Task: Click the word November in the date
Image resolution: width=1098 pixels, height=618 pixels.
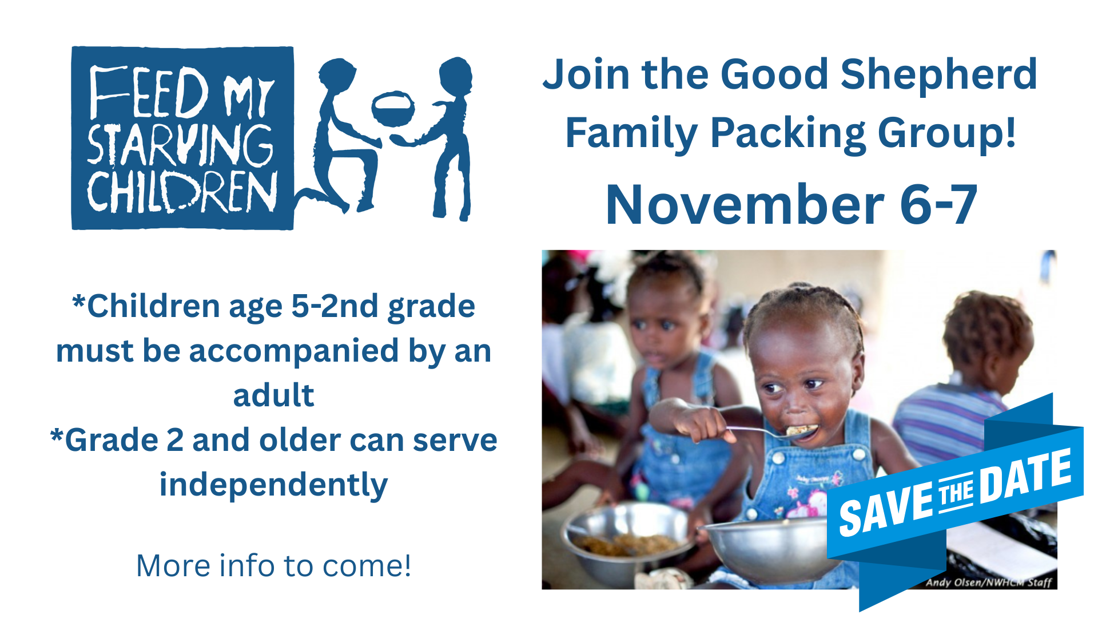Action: tap(745, 205)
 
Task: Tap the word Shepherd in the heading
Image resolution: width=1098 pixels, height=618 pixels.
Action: tap(938, 74)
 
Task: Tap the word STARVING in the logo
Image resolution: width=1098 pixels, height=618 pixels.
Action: tap(181, 145)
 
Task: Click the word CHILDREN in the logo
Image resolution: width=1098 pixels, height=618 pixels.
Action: tap(182, 191)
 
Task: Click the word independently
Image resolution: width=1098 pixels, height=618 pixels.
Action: tap(273, 485)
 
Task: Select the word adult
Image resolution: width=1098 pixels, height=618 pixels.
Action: tap(273, 395)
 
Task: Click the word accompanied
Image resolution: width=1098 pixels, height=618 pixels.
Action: tap(293, 351)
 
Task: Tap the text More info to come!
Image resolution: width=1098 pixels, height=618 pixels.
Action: tap(273, 565)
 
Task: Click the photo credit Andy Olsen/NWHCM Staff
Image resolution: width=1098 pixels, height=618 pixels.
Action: tap(989, 583)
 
